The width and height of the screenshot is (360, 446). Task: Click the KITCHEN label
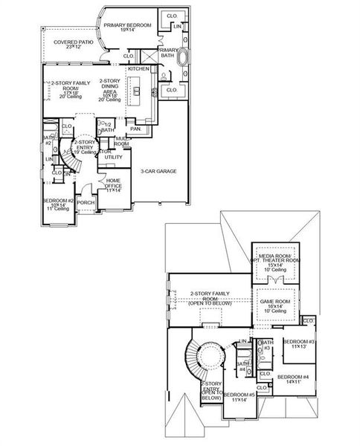(138, 68)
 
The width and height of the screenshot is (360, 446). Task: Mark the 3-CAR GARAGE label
(158, 171)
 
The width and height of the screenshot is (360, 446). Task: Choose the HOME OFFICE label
(114, 184)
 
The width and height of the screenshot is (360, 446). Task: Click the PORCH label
(86, 201)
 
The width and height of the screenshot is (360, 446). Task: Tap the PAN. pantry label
(135, 129)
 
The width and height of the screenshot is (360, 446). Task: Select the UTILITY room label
(113, 157)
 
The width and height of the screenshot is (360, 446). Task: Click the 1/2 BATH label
(109, 128)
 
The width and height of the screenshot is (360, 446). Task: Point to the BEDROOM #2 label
(57, 204)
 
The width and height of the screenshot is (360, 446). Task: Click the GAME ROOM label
(275, 305)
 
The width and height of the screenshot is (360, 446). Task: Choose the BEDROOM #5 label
(239, 397)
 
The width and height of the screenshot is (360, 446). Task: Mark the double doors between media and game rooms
(276, 280)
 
